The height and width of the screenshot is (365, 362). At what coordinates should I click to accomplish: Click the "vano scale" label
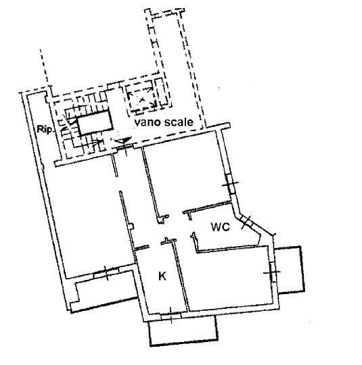pos(164,122)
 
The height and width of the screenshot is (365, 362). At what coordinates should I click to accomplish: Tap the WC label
pos(221,227)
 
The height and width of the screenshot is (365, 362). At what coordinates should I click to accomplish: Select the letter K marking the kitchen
pos(162,276)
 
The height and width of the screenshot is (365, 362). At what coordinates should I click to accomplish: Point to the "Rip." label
pos(45,129)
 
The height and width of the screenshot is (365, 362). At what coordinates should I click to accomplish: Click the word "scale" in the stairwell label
pos(179,122)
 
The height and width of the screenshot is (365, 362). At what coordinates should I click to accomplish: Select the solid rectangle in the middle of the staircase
pos(95,123)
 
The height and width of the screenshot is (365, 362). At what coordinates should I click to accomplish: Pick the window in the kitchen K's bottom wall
pos(171,316)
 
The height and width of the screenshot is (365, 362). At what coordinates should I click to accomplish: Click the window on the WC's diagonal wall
pos(246,221)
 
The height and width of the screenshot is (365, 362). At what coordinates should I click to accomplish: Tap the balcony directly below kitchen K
pos(183,330)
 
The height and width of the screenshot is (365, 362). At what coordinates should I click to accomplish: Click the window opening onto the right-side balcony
pos(272,272)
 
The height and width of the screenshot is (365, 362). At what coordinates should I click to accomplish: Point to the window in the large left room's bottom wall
pos(106,272)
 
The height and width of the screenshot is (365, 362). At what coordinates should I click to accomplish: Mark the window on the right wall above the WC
pos(230,183)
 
